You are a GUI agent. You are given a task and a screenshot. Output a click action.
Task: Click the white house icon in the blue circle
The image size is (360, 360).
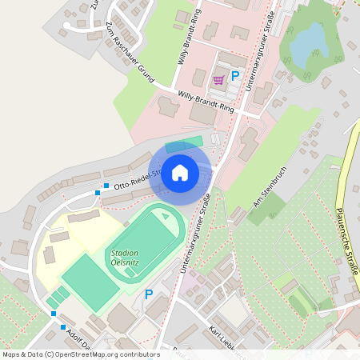[x=180, y=172]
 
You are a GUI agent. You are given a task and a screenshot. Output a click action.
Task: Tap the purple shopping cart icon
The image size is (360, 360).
[x=218, y=79]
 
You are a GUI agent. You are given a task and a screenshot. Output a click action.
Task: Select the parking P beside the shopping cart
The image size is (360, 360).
[x=235, y=76]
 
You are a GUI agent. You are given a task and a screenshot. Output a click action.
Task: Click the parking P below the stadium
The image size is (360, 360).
[x=148, y=294]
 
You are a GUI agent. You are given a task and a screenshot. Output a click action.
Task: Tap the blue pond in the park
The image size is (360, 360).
[x=309, y=46]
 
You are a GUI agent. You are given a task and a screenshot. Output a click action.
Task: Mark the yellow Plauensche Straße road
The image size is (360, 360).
[x=349, y=200]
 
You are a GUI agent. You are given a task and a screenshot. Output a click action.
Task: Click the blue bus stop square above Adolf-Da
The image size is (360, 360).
[x=63, y=326]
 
